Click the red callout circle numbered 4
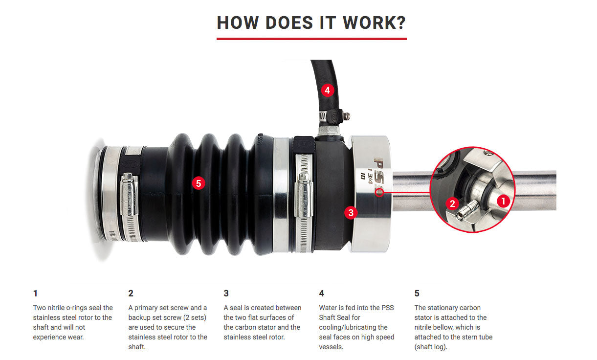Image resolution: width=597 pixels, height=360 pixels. click(x=327, y=90)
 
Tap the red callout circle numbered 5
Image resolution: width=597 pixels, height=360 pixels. click(x=199, y=183)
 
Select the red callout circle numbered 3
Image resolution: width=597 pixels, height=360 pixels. click(x=351, y=213)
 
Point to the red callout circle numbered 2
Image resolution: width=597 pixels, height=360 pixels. click(x=452, y=203)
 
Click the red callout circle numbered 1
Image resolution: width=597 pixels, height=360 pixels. click(x=503, y=201)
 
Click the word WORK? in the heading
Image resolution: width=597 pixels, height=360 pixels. click(x=374, y=22)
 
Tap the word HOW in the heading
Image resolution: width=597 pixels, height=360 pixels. click(x=238, y=22)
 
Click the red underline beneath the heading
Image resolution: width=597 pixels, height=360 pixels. click(x=311, y=39)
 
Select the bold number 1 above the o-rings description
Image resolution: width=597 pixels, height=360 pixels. click(x=35, y=293)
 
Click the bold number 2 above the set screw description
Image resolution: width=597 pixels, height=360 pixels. click(x=131, y=293)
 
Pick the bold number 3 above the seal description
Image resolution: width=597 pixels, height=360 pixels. click(x=226, y=293)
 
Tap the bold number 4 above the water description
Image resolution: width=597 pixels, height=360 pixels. click(x=321, y=293)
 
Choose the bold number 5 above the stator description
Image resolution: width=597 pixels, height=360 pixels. click(x=417, y=293)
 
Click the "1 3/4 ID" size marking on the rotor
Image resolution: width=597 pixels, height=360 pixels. click(x=367, y=174)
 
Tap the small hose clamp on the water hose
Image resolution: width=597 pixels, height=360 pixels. click(x=333, y=116)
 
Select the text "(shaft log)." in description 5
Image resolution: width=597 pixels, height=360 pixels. click(x=431, y=347)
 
